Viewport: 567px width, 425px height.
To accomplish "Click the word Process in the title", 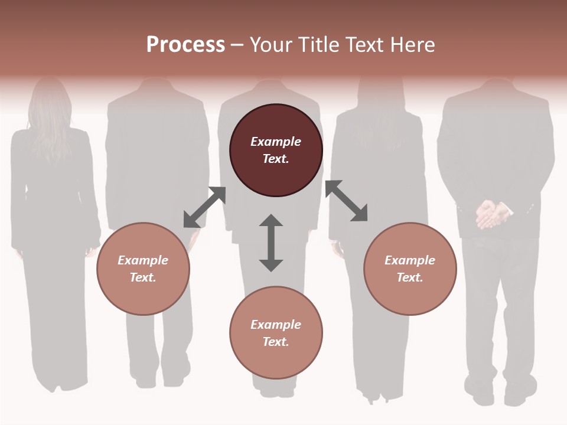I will pyautogui.click(x=185, y=45).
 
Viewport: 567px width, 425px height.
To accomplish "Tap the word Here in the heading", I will pyautogui.click(x=413, y=45).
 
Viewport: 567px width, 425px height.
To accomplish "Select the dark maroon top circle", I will pyautogui.click(x=276, y=151).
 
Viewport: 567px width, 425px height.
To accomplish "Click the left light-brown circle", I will pyautogui.click(x=143, y=269).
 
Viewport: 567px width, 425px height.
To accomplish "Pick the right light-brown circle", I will pyautogui.click(x=410, y=269).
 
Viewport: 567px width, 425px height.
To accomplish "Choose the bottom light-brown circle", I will pyautogui.click(x=276, y=333).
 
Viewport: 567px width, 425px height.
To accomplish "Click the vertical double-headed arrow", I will pyautogui.click(x=271, y=243).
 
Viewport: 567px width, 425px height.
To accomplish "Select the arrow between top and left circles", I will pyautogui.click(x=204, y=207).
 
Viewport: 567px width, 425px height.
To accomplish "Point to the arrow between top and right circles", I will pyautogui.click(x=346, y=201).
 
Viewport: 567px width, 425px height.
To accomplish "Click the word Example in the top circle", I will pyautogui.click(x=276, y=142).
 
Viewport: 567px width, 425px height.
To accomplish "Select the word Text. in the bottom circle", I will pyautogui.click(x=276, y=342).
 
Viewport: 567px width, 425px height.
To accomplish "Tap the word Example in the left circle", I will pyautogui.click(x=143, y=260).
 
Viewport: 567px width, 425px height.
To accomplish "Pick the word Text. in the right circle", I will pyautogui.click(x=410, y=277).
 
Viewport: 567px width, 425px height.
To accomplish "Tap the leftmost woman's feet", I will pyautogui.click(x=59, y=384).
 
